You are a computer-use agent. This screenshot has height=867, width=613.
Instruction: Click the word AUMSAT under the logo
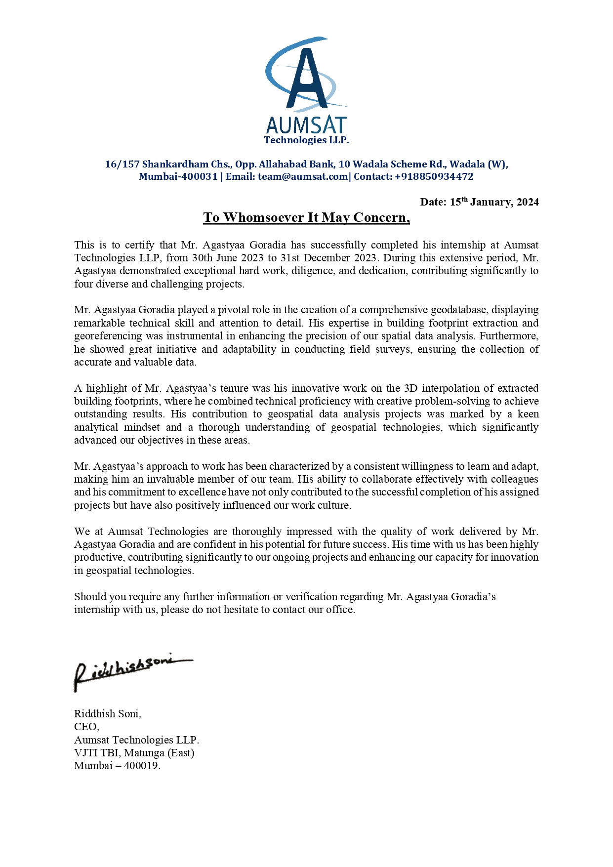point(306,125)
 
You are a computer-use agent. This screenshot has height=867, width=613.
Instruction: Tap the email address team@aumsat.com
point(302,177)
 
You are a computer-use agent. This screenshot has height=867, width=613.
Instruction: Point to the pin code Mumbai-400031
point(178,177)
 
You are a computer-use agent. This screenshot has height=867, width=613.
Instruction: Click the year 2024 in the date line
point(528,202)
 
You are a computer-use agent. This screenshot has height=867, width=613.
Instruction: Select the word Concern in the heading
point(380,218)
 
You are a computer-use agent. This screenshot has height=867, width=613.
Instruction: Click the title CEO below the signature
point(86,727)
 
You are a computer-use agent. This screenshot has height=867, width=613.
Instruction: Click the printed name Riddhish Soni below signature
point(107,714)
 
